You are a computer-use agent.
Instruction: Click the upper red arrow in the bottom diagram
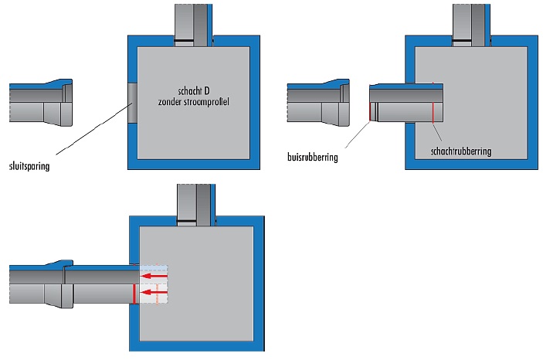pyautogui.click(x=154, y=274)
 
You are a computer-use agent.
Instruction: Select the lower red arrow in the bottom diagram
pyautogui.click(x=154, y=292)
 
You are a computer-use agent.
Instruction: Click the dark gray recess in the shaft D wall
pyautogui.click(x=131, y=103)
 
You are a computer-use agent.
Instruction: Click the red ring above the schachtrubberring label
pyautogui.click(x=433, y=113)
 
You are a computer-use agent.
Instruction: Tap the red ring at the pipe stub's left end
pyautogui.click(x=370, y=113)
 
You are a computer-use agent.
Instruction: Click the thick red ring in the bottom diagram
pyautogui.click(x=134, y=294)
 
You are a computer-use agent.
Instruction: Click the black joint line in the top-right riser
pyautogui.click(x=470, y=39)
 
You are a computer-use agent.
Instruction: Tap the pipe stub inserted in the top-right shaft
pyautogui.click(x=402, y=103)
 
